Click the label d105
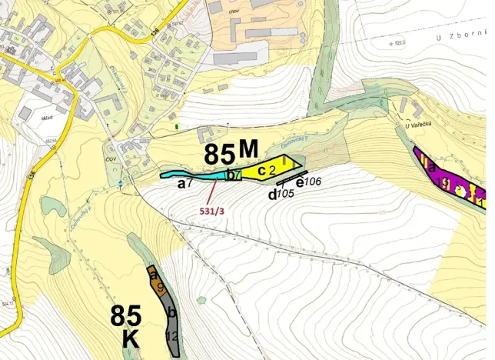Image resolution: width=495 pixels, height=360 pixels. click(x=281, y=194)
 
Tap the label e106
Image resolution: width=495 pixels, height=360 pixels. click(x=307, y=182)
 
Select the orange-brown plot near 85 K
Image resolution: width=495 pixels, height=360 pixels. click(x=157, y=282)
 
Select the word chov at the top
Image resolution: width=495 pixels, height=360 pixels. click(x=235, y=14)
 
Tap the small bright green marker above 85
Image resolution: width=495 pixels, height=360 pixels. click(x=178, y=125)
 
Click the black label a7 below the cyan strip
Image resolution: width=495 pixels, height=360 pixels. click(x=184, y=185)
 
